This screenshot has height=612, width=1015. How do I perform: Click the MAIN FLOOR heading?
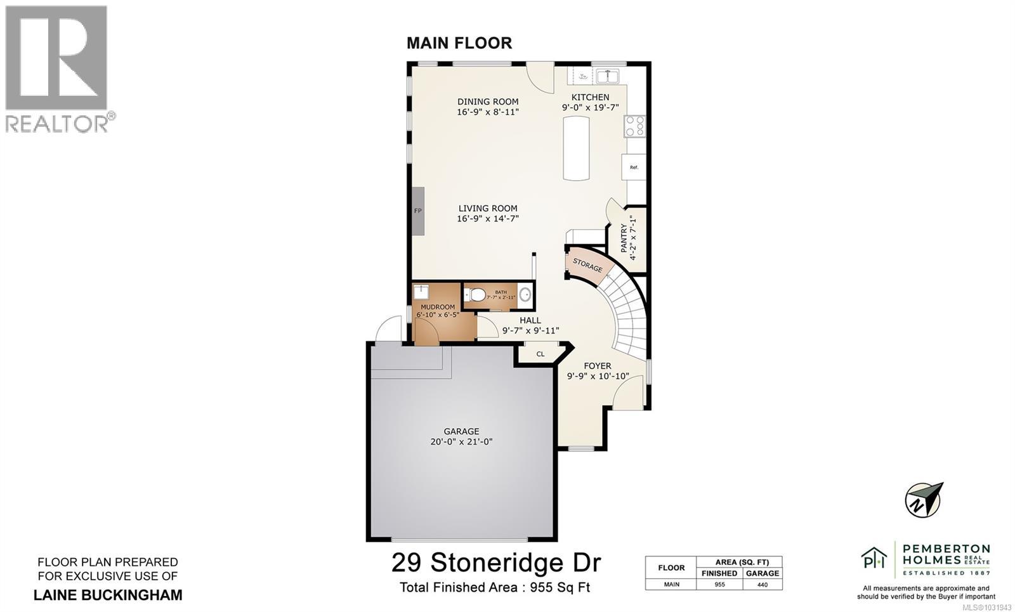[x=459, y=43]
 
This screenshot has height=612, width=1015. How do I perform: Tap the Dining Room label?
[x=488, y=101]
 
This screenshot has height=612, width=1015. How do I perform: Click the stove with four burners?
[x=634, y=126]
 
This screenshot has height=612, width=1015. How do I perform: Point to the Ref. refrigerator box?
[x=633, y=167]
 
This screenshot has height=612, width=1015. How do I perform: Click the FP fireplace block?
[x=417, y=211]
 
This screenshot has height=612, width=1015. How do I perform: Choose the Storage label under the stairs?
[x=587, y=265]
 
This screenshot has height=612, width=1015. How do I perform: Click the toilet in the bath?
[x=475, y=295]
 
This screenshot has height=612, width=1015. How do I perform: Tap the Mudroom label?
[x=438, y=307]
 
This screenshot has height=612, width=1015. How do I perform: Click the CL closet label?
[x=540, y=354]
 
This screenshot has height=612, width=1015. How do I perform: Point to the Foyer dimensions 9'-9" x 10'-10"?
[x=598, y=376]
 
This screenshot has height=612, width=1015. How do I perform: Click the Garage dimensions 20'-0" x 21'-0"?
[x=461, y=442]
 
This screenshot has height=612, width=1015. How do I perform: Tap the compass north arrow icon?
[x=924, y=499]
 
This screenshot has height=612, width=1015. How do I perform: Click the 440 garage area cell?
[x=762, y=585]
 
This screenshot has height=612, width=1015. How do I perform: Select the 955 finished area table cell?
[x=719, y=585]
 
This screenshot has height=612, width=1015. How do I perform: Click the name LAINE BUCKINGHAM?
[x=108, y=595]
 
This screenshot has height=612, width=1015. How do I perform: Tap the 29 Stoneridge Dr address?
[x=495, y=563]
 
